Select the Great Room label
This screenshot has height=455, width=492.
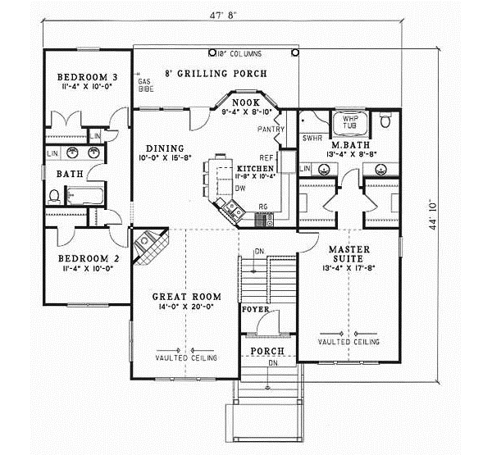(182, 297)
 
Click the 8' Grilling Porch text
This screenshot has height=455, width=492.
(217, 73)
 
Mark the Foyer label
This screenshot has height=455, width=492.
(251, 311)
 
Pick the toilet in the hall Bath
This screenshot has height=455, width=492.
(55, 195)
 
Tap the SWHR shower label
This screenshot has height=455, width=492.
(311, 139)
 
